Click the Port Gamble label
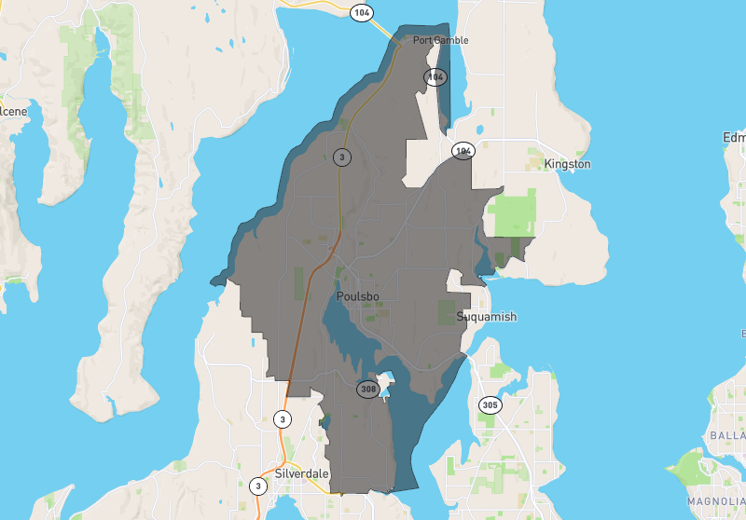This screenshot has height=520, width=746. click(440, 40)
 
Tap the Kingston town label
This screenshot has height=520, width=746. click(568, 164)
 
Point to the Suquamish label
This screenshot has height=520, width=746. click(486, 317)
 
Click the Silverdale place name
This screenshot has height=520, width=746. click(302, 473)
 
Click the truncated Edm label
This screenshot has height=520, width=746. click(734, 138)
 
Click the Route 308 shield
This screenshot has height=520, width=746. click(367, 388)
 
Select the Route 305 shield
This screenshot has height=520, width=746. click(490, 404)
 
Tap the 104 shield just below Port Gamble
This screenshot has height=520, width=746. click(435, 77)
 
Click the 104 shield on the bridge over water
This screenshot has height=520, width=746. click(361, 12)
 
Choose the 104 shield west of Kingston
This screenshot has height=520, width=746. click(463, 150)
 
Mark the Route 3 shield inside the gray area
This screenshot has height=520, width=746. click(342, 157)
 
